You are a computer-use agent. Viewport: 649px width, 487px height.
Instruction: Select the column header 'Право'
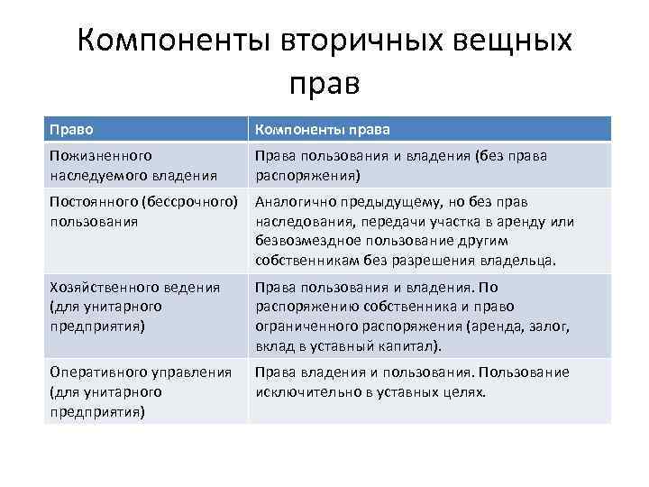[x=70, y=129]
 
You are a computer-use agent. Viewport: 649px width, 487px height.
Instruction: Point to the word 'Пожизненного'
[x=100, y=157]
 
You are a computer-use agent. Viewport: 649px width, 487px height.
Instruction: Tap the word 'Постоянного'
[x=95, y=201]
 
